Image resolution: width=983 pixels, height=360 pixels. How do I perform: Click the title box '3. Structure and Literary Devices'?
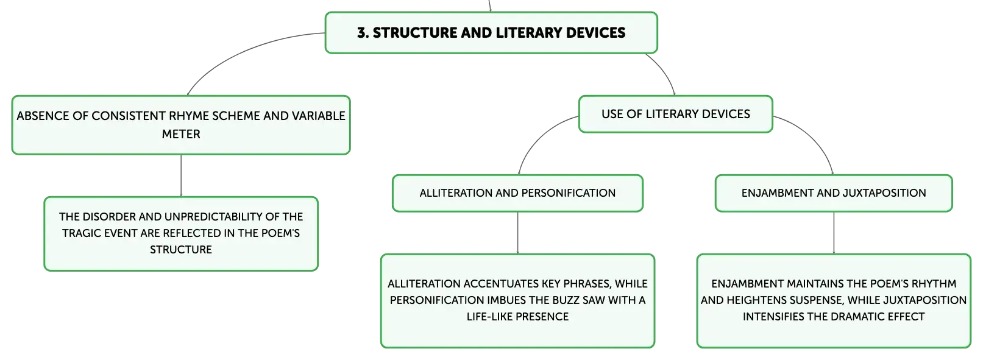pyautogui.click(x=491, y=33)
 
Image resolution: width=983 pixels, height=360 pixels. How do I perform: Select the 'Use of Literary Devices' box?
pyautogui.click(x=675, y=114)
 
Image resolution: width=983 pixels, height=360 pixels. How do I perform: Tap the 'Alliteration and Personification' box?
pyautogui.click(x=517, y=193)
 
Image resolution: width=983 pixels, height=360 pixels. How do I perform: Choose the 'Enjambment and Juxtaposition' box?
pyautogui.click(x=833, y=193)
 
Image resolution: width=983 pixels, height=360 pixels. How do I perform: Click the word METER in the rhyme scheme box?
pyautogui.click(x=181, y=134)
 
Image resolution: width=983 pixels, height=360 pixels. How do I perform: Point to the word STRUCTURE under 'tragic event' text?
pyautogui.click(x=181, y=250)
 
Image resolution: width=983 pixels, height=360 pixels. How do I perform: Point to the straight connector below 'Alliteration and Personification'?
pyautogui.click(x=518, y=233)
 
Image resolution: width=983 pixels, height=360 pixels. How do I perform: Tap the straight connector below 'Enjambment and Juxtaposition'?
pyautogui.click(x=834, y=233)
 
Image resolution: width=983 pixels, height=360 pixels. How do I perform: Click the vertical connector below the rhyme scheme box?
pyautogui.click(x=181, y=176)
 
